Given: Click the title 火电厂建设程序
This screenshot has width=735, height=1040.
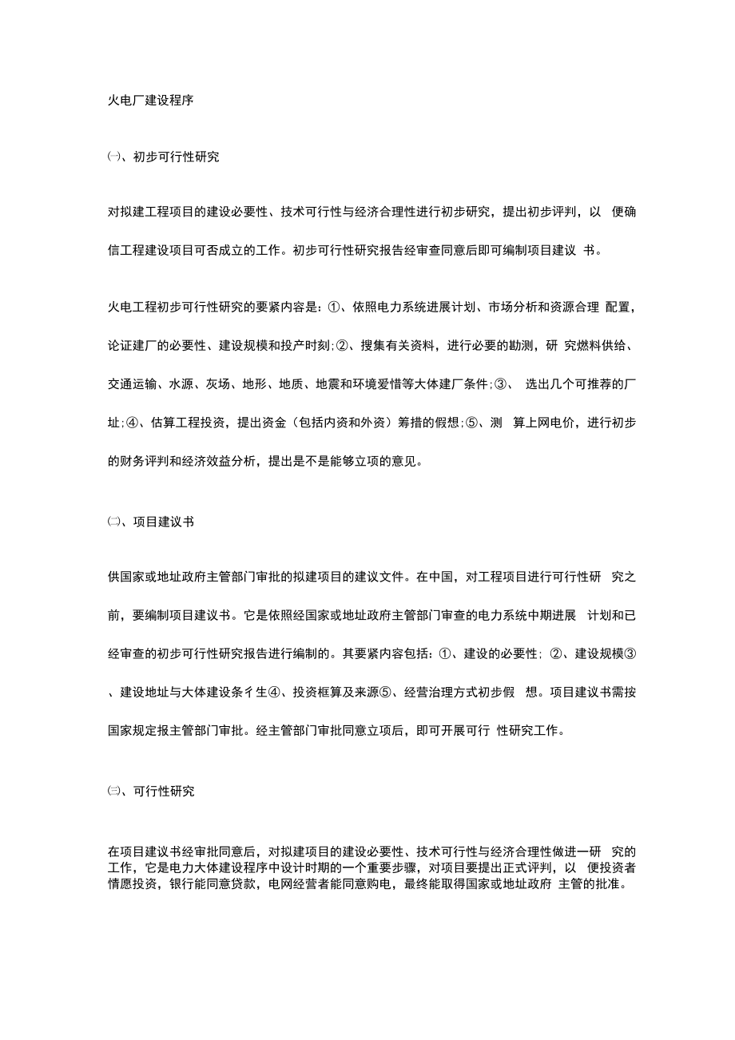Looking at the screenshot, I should tap(150, 101).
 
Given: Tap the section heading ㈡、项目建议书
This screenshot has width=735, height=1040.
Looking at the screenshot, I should tap(150, 522).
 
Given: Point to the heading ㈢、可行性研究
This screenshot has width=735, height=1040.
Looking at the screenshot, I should tap(150, 792).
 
